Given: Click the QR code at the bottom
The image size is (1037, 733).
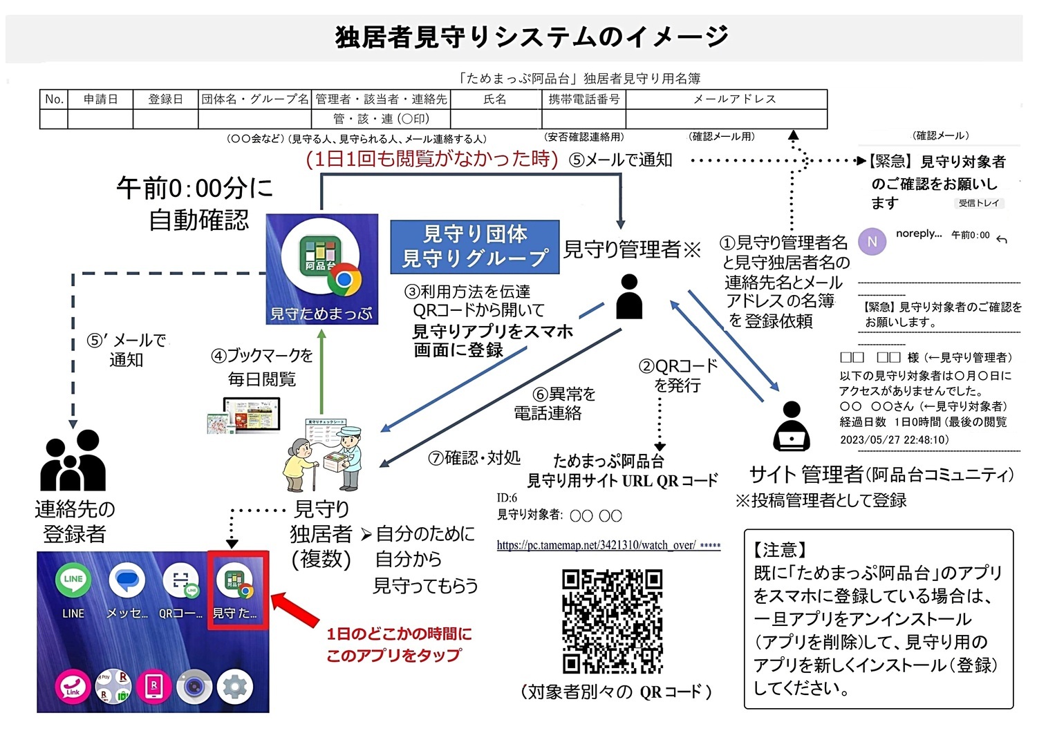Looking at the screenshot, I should [x=613, y=621].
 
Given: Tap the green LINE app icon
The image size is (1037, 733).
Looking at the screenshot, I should [x=73, y=581].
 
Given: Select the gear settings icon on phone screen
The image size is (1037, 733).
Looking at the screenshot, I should [x=235, y=687].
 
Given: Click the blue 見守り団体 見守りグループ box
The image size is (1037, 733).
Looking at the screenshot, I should [x=474, y=246].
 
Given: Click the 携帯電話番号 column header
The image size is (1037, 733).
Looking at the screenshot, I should [x=583, y=99].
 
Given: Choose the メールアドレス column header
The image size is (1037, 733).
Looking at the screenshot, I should [x=734, y=99].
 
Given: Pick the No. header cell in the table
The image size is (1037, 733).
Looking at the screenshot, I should [x=54, y=99].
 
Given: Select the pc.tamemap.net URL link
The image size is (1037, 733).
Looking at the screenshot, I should [x=596, y=545].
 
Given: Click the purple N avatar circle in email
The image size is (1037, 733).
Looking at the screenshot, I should [x=872, y=241].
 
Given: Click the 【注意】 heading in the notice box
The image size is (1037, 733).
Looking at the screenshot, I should [x=780, y=551].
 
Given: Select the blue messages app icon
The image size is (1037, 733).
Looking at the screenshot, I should [x=127, y=581].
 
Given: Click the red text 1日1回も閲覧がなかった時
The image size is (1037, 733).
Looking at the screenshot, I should [x=432, y=160].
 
